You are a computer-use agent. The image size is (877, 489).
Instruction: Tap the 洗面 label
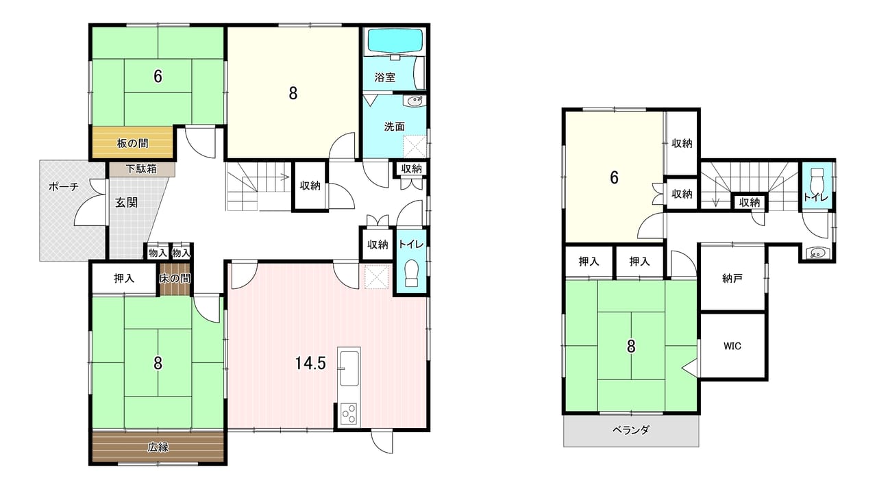[x=394, y=127]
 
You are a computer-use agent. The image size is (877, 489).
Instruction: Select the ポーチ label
[x=64, y=187]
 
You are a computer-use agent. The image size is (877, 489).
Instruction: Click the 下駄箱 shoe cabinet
[x=142, y=169]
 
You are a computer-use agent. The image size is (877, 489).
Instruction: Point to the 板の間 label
[x=132, y=144]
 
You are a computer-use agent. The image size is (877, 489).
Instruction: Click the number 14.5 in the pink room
[x=310, y=364]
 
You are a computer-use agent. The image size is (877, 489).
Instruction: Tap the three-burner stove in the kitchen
[x=349, y=414]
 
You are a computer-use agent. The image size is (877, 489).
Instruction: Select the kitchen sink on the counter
[x=349, y=368]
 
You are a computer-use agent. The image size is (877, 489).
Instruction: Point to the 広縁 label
[x=158, y=447]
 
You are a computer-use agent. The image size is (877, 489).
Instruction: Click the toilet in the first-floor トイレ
[x=411, y=273]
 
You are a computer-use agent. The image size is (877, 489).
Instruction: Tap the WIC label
[x=732, y=347]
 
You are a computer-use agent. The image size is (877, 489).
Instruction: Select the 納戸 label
[x=732, y=279]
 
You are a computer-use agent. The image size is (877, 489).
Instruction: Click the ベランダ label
[x=631, y=430]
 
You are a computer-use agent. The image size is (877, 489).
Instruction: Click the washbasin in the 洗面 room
[x=415, y=101]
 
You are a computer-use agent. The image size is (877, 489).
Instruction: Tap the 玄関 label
[x=126, y=203]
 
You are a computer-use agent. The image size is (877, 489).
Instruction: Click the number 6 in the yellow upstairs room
[x=615, y=177]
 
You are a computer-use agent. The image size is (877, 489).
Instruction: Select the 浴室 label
[x=384, y=77]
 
